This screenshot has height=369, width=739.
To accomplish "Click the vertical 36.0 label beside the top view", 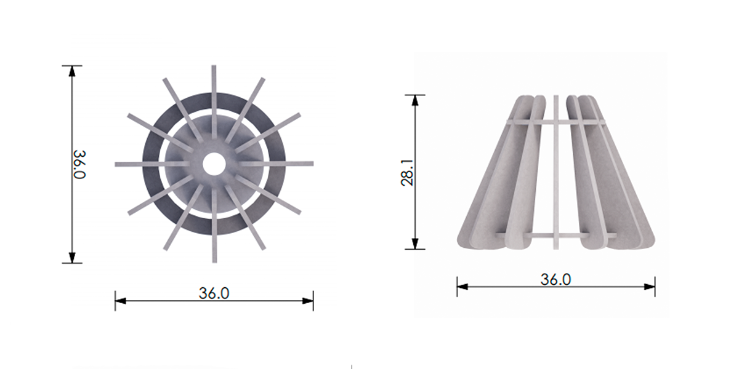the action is (x=79, y=164).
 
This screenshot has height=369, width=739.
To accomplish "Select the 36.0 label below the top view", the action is (x=214, y=293).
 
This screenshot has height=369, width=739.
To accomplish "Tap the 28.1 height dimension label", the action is (x=407, y=173).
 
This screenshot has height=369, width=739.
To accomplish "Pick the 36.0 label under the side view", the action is (x=555, y=279).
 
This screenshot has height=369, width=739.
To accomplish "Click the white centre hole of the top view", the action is (x=214, y=164).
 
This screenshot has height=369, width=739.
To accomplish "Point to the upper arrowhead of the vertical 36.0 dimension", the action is (x=72, y=71).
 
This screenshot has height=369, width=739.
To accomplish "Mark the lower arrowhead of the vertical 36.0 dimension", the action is (x=72, y=258).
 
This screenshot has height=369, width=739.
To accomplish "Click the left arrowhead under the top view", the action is (x=121, y=301).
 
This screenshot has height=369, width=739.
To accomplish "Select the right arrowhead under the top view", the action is (x=308, y=301).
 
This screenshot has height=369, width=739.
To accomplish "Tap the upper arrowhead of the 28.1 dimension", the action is (x=415, y=100).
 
